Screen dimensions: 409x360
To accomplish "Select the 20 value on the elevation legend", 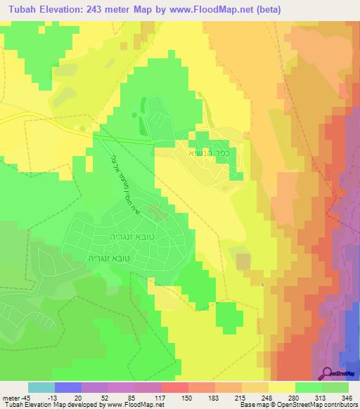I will coord(69,397).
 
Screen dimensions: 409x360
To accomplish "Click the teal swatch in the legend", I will coord(41,387).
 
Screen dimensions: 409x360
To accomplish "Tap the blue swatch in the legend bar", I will coord(68,387).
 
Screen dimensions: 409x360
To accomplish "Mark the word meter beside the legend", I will coord(10,397).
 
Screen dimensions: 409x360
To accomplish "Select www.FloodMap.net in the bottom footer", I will coord(140,405).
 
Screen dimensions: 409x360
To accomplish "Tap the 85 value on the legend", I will coord(122,397).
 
